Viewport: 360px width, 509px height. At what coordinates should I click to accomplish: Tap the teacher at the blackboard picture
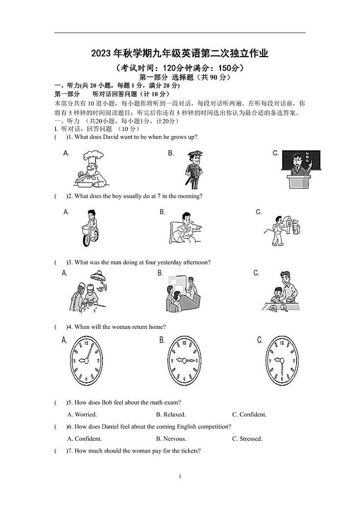coord(301,169)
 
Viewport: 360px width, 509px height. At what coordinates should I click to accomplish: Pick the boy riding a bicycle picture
coord(90,228)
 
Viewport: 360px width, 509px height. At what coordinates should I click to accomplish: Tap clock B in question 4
coord(184,361)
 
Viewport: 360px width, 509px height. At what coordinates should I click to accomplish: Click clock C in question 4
coord(282,361)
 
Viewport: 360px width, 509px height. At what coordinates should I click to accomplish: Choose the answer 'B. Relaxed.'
coord(170,414)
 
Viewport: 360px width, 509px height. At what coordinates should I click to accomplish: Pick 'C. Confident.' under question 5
coord(249,414)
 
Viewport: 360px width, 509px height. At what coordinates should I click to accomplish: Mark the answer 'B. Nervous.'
coord(171,439)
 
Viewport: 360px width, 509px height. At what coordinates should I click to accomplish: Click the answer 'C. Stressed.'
coord(247,439)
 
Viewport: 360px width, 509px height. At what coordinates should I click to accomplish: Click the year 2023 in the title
coord(101,54)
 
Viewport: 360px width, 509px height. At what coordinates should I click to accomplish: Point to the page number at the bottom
coord(180,476)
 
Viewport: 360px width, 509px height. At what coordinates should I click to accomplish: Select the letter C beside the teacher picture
coord(275,153)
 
